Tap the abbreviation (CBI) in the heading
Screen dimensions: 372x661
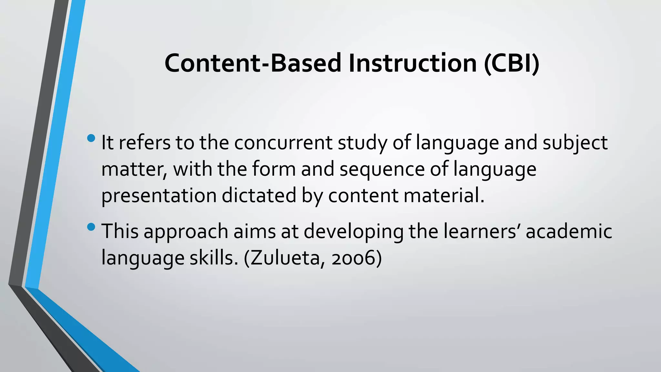tap(512, 63)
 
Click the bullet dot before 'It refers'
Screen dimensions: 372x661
tap(91, 139)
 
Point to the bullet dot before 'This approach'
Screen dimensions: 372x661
tap(91, 227)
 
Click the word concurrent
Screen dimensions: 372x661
tap(283, 143)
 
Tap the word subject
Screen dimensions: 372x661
tap(575, 143)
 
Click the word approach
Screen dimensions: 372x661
tap(186, 232)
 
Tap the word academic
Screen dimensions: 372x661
tap(569, 232)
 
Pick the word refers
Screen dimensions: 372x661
tap(145, 143)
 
